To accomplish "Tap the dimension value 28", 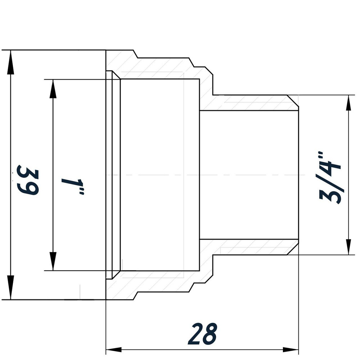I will pos(204,334).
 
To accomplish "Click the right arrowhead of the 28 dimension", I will pos(291,350).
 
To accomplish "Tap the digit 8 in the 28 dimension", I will pos(210,334).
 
